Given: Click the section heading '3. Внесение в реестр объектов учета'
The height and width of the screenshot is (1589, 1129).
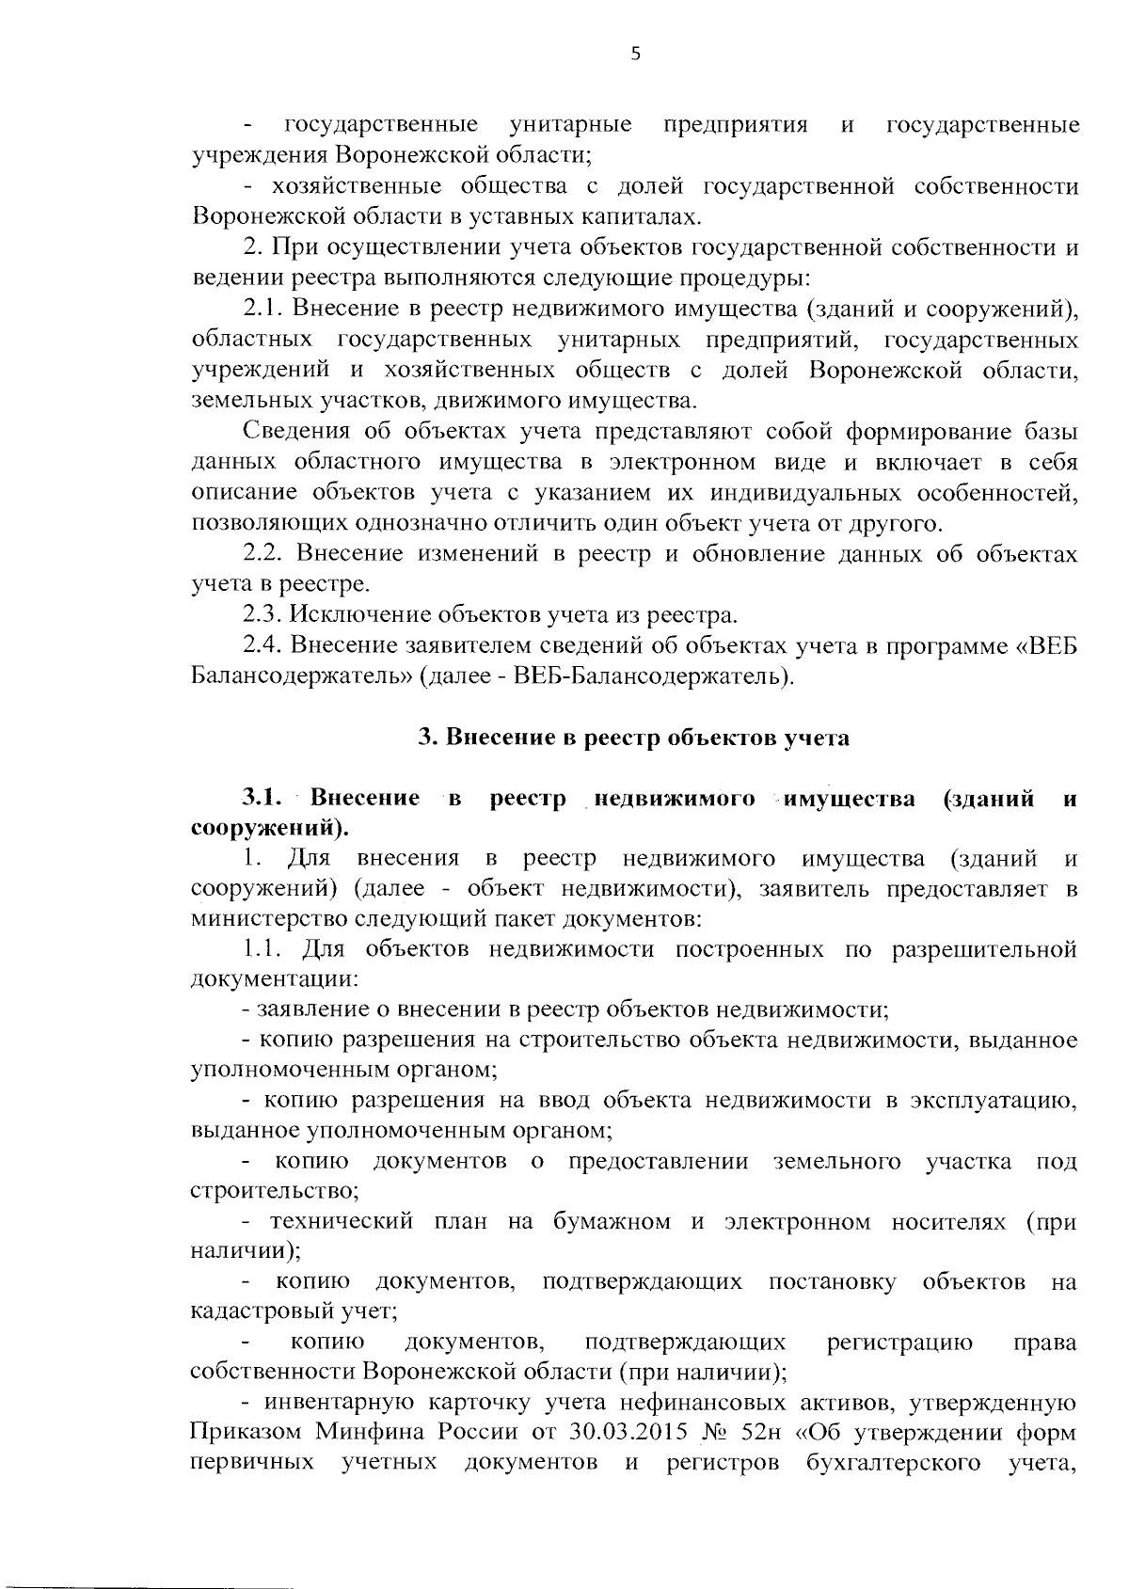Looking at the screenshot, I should pyautogui.click(x=633, y=739).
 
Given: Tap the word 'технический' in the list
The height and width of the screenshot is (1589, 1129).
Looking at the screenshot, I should pyautogui.click(x=342, y=1222).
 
